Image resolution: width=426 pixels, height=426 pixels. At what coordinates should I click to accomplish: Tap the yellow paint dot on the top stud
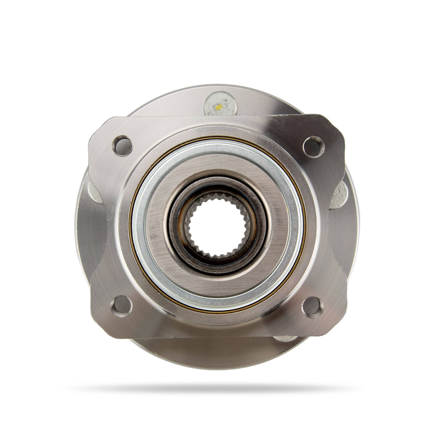pos(219,107)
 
